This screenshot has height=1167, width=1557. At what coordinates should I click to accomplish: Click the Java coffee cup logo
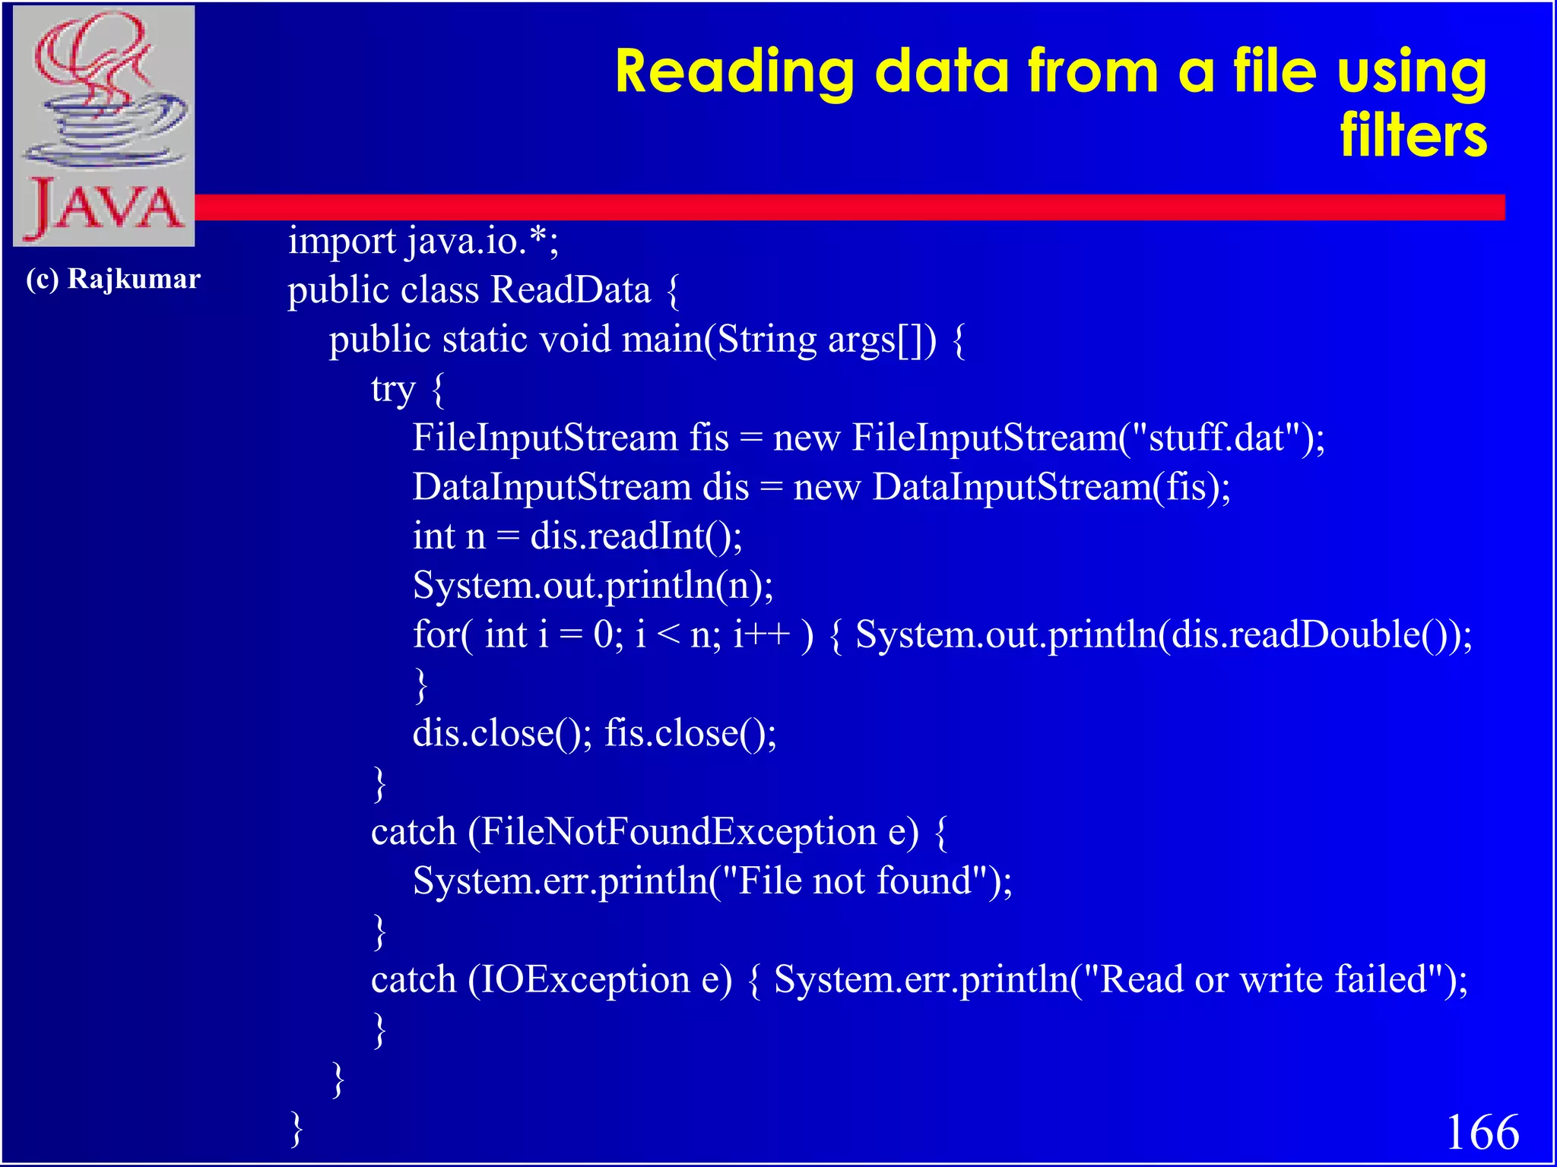click(x=104, y=125)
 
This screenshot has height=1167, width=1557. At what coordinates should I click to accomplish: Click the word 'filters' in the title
click(x=1413, y=135)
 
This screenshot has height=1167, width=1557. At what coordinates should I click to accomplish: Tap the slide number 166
click(x=1482, y=1132)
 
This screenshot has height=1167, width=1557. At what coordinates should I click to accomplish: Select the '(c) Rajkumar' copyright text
click(x=113, y=279)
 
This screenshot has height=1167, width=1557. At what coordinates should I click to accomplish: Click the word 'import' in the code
click(x=341, y=242)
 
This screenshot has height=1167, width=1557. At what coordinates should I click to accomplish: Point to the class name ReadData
click(x=570, y=290)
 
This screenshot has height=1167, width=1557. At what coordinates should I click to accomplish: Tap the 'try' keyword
click(x=393, y=389)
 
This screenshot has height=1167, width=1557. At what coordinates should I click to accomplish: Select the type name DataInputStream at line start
click(x=552, y=487)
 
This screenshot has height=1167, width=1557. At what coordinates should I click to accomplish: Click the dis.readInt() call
click(x=636, y=536)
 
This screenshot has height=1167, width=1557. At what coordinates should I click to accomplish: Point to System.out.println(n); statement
click(x=593, y=586)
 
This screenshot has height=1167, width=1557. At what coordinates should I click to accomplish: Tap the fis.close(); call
click(x=690, y=733)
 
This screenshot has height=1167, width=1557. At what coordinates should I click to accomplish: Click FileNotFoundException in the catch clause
click(x=678, y=832)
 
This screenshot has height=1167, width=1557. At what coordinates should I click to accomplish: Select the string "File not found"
click(x=855, y=881)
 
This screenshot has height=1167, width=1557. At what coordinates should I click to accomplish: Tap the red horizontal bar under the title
click(x=836, y=207)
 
